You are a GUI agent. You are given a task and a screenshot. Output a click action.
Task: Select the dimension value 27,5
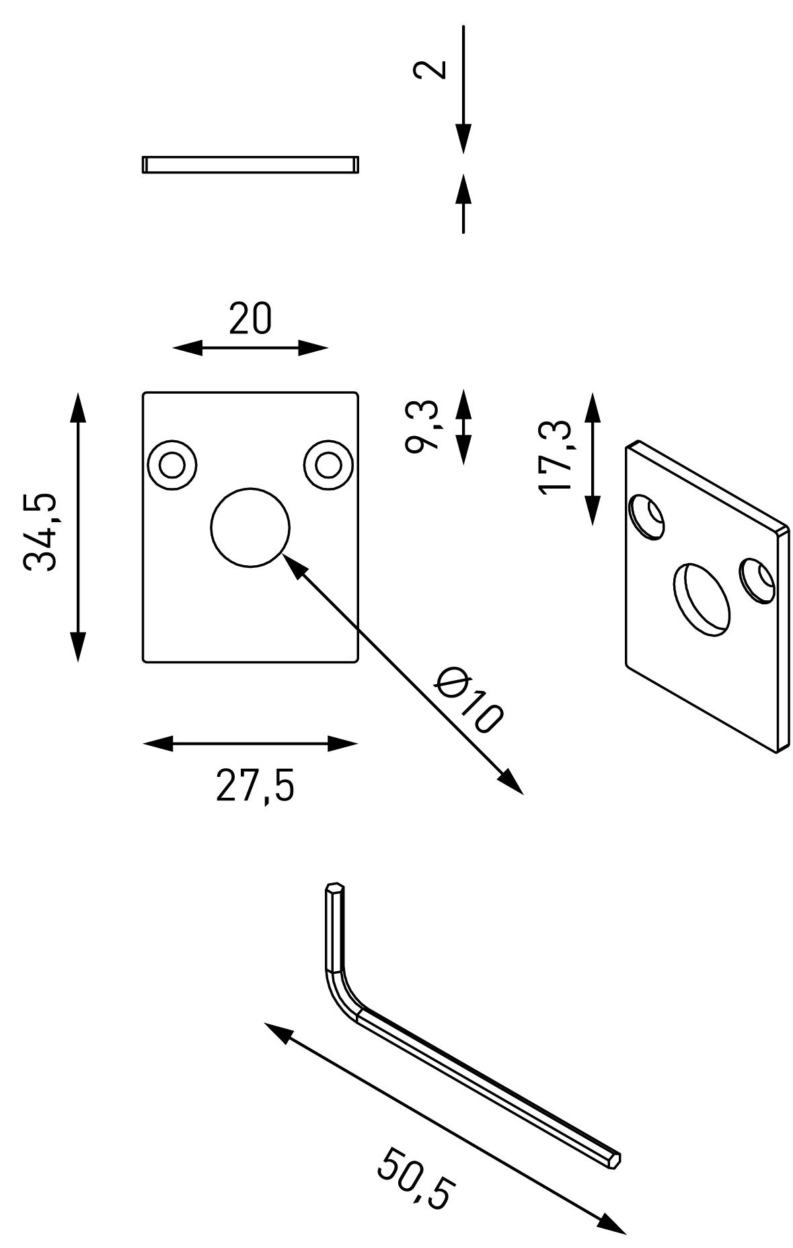[x=255, y=785]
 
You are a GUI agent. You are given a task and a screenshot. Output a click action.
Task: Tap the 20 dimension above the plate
[x=250, y=319]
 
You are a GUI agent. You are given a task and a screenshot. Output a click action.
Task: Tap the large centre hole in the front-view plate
[x=250, y=528]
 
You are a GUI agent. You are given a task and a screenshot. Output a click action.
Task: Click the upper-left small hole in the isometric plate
[x=647, y=517]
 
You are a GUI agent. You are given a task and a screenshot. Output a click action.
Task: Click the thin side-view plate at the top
[x=250, y=165]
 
